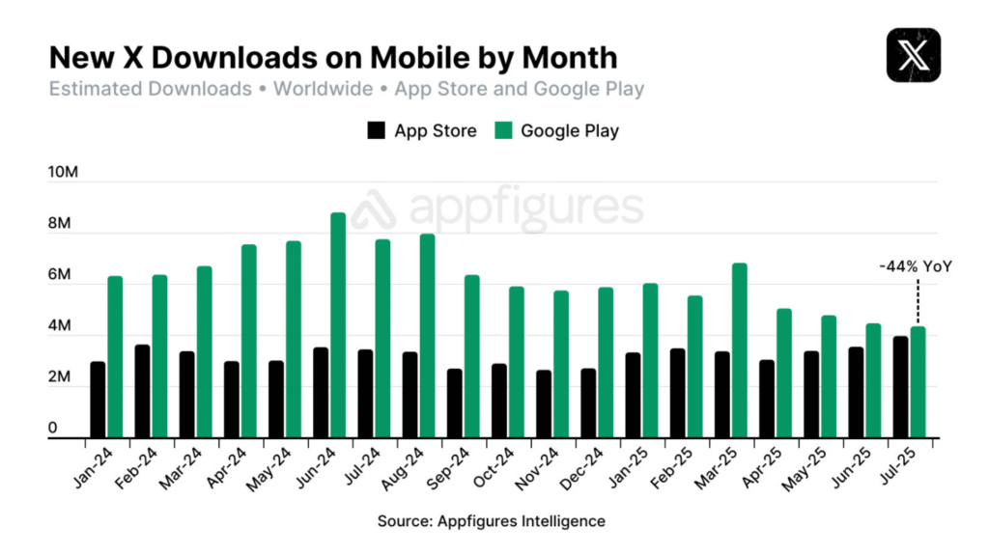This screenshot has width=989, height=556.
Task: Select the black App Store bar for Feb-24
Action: [142, 392]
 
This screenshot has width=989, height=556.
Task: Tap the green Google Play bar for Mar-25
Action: [740, 351]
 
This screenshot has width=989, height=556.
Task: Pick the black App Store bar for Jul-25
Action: [900, 387]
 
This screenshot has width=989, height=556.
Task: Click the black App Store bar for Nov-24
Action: [544, 404]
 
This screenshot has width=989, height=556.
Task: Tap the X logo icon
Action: [913, 55]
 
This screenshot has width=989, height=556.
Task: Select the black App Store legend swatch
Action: [376, 130]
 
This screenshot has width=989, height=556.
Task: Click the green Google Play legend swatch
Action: [502, 130]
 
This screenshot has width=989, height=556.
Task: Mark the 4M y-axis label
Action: [60, 327]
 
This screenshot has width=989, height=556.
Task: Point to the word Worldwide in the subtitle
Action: [323, 90]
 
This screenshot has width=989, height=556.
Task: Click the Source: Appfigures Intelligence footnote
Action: [492, 521]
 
